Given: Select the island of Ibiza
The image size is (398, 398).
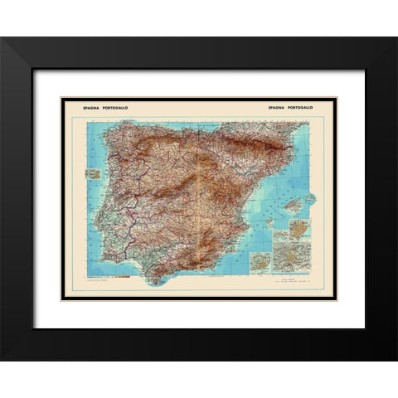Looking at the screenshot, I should [268, 222].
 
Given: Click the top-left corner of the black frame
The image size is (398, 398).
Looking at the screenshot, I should [2, 38].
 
